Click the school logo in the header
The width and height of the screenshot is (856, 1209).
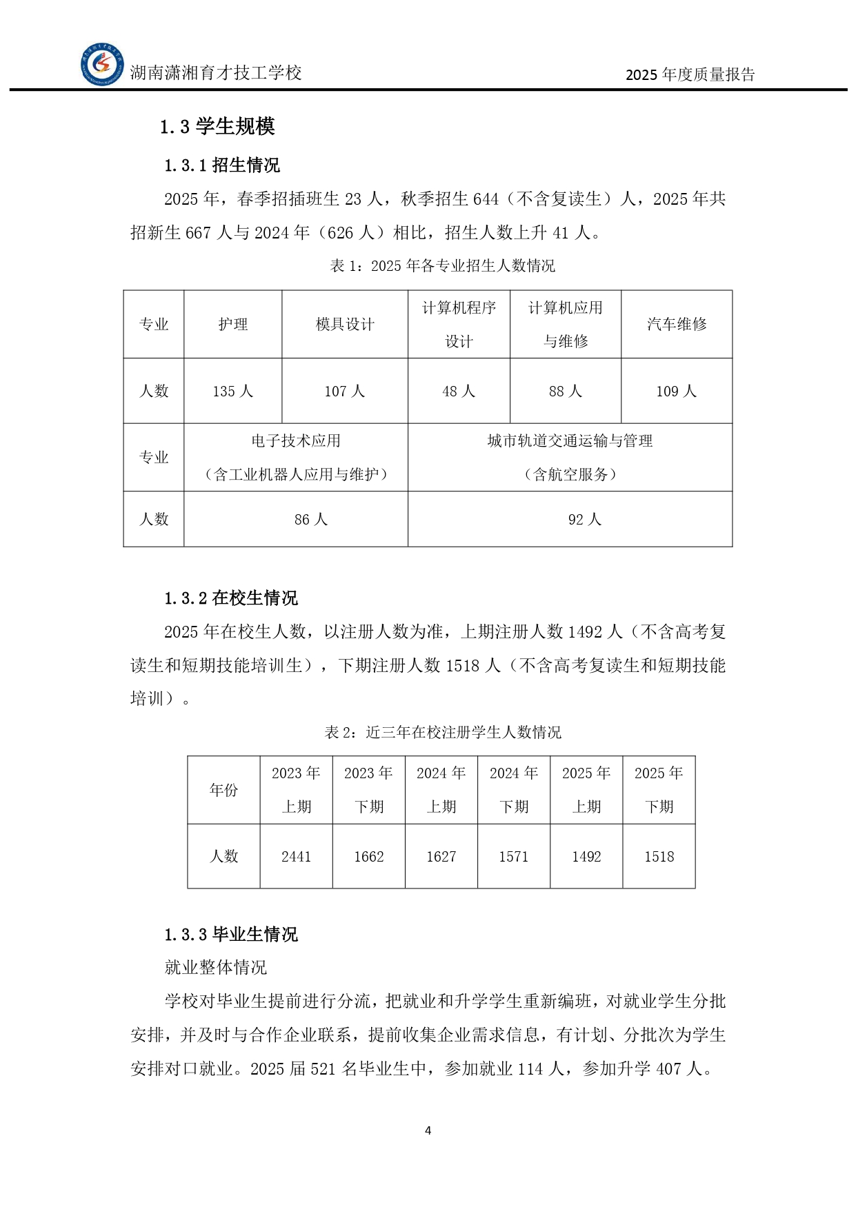pyautogui.click(x=102, y=65)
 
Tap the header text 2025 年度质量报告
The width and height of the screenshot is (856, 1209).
pyautogui.click(x=690, y=74)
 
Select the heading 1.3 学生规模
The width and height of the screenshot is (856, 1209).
pyautogui.click(x=217, y=126)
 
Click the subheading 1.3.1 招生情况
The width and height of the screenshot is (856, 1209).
pyautogui.click(x=221, y=165)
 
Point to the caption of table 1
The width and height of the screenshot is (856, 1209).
pyautogui.click(x=442, y=266)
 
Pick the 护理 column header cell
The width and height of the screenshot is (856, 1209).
pyautogui.click(x=233, y=325)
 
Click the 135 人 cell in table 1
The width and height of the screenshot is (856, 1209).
pyautogui.click(x=233, y=392)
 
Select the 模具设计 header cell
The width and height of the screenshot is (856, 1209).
pyautogui.click(x=345, y=325)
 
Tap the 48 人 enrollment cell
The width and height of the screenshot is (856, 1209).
pyautogui.click(x=459, y=392)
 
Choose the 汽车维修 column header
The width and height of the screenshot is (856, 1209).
pyautogui.click(x=677, y=325)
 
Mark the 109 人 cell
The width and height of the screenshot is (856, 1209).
pyautogui.click(x=677, y=392)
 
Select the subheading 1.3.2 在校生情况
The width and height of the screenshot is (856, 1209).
pyautogui.click(x=230, y=598)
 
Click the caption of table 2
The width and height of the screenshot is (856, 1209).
pyautogui.click(x=443, y=733)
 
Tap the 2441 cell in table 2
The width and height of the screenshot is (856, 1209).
pyautogui.click(x=296, y=857)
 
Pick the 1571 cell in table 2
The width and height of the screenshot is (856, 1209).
pyautogui.click(x=514, y=857)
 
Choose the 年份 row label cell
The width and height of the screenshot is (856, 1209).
pyautogui.click(x=223, y=790)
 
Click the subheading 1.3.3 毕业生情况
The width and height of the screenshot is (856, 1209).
pyautogui.click(x=230, y=935)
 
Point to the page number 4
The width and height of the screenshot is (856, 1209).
pyautogui.click(x=428, y=1130)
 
